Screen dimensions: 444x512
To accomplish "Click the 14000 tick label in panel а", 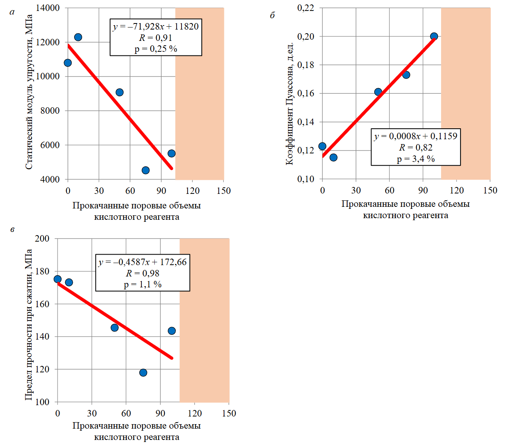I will pos(47,8).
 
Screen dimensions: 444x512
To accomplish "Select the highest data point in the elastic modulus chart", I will pos(78,37).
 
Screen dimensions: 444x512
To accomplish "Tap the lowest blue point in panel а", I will pos(145,170).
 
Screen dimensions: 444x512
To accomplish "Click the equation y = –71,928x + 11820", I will pos(156,27).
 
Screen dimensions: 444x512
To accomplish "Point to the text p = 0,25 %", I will pos(156,49).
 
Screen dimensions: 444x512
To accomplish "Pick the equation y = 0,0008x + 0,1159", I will pos(416,136).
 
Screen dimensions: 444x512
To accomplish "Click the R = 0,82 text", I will pos(416,147).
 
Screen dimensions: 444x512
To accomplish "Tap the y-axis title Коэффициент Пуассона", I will pos(289,104).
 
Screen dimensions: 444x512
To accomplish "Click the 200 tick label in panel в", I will pos(42,238).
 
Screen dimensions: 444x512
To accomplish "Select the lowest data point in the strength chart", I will pos(143,372).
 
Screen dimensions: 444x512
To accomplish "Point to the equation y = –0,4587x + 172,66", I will pos(143,262).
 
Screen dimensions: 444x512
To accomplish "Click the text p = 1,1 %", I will pos(143,285).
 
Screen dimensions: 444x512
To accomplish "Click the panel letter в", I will pos(12,229).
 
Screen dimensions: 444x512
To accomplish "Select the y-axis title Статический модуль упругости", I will pos(29,92).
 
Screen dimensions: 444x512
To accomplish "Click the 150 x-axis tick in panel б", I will pos(490,190).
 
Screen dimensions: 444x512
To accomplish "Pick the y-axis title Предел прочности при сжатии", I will pos(28,325).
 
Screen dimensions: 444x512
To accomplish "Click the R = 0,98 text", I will pos(143,274).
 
